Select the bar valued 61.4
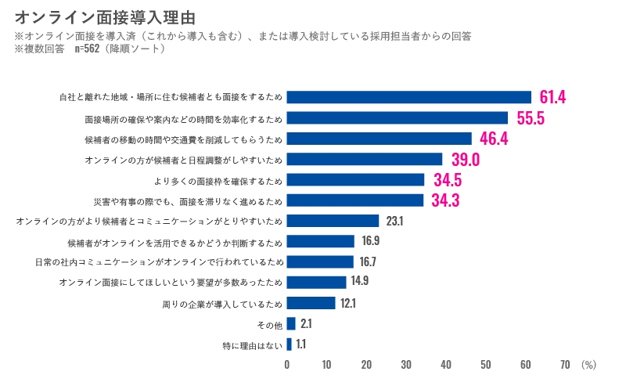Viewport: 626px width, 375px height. [x=408, y=97]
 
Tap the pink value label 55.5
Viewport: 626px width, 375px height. [x=531, y=118]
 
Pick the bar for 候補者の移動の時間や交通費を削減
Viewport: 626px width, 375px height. [x=379, y=139]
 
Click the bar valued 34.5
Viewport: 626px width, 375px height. [x=355, y=180]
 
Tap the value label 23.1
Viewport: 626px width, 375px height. [x=394, y=221]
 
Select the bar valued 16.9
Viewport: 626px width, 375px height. [x=321, y=241]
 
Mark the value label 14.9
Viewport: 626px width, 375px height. [x=360, y=282]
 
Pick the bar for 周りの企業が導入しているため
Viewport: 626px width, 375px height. [x=311, y=302]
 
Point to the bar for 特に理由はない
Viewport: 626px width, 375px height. [x=289, y=344]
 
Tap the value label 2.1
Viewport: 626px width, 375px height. [x=306, y=323]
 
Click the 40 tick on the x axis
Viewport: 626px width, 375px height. [x=446, y=364]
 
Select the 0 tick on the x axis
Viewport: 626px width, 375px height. [x=287, y=364]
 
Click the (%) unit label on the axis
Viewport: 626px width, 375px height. [x=589, y=364]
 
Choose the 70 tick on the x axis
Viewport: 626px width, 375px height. [x=565, y=364]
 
